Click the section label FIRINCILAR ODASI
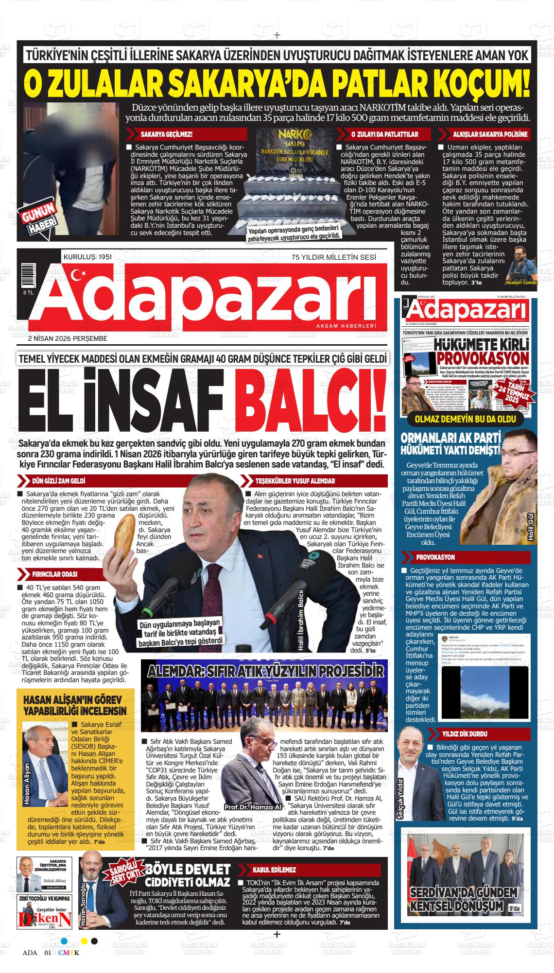tap(54, 574)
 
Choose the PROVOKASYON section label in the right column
tap(435, 557)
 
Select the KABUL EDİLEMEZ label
tap(274, 870)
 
